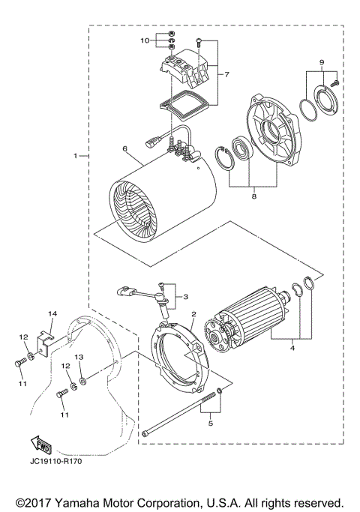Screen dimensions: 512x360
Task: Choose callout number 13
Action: [81, 358]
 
